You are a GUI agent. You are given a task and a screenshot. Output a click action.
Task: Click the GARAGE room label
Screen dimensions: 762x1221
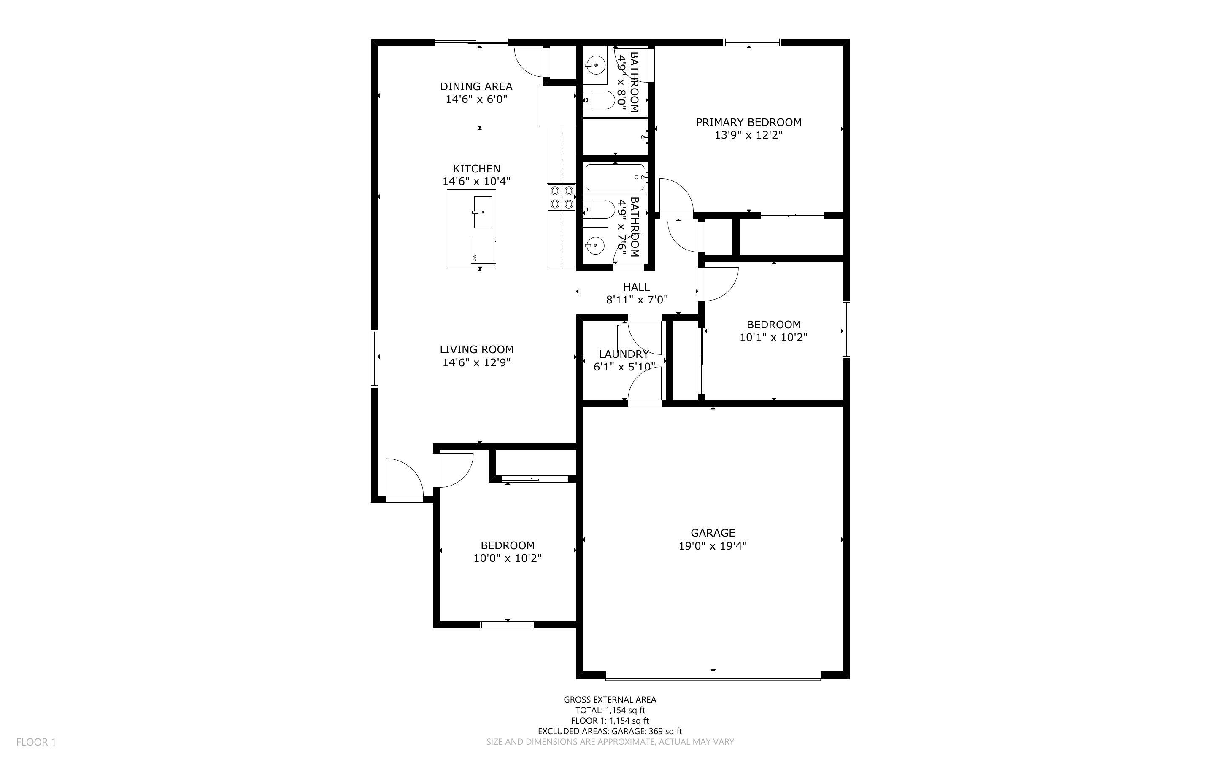pos(712,533)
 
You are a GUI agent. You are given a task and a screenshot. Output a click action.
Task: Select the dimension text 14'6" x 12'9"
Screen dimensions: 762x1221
pos(477,363)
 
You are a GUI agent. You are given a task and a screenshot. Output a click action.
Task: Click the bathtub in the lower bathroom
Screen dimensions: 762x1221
pos(615,177)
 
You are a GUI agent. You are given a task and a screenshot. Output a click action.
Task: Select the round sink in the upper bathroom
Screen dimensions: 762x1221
pos(596,65)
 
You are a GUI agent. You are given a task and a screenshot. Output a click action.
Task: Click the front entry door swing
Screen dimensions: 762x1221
pos(404,479)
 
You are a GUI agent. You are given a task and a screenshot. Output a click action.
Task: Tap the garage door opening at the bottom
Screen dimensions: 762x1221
pos(712,679)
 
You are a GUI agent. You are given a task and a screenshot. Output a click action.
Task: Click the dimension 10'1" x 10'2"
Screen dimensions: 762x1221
pos(773,338)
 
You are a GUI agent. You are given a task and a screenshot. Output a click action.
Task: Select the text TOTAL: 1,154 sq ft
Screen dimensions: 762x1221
pos(610,711)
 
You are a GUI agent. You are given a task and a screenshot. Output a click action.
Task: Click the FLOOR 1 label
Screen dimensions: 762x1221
pos(36,742)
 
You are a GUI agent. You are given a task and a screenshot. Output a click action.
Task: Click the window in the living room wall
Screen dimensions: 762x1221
pos(374,358)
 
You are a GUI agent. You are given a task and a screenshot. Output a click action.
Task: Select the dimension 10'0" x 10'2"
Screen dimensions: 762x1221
pos(508,558)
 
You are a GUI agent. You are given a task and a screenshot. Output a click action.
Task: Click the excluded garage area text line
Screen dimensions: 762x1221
pos(610,731)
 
